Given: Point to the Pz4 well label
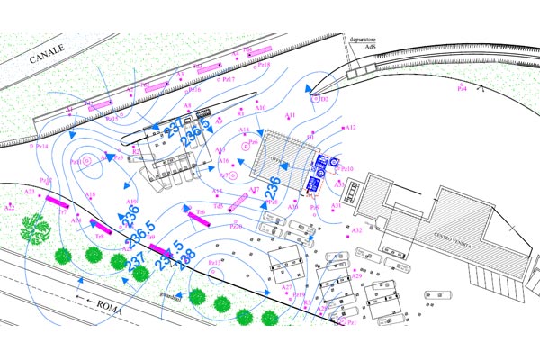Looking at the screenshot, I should point(462,88).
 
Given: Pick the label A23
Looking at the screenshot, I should point(29,191).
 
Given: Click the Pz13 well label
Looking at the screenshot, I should point(215,262).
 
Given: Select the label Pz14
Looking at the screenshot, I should point(40,145).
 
